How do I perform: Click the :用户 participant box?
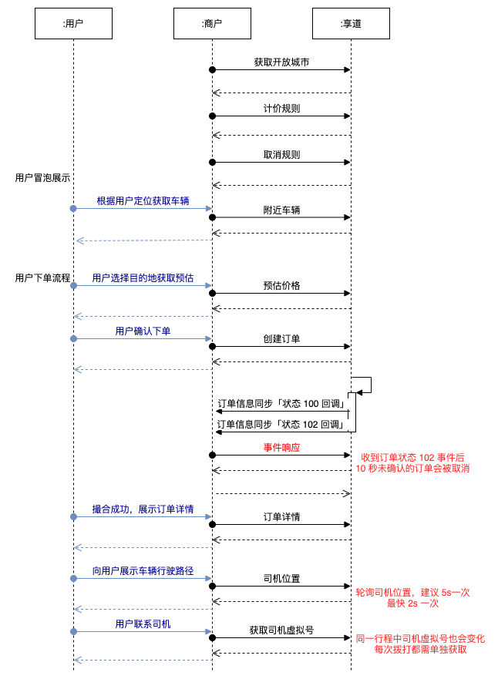pyautogui.click(x=73, y=24)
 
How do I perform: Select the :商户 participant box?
pyautogui.click(x=211, y=24)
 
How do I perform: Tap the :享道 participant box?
pyautogui.click(x=351, y=24)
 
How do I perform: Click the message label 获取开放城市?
pyautogui.click(x=281, y=62)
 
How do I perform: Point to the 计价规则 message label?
pyautogui.click(x=281, y=109)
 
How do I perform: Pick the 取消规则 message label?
pyautogui.click(x=281, y=155)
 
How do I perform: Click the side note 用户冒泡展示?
pyautogui.click(x=42, y=177)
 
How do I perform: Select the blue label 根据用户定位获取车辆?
pyautogui.click(x=143, y=201)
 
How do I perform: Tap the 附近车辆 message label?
pyautogui.click(x=281, y=209)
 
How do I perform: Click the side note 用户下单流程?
pyautogui.click(x=42, y=277)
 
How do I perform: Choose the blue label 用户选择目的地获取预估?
pyautogui.click(x=143, y=278)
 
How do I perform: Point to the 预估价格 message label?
pyautogui.click(x=281, y=286)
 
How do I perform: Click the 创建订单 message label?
pyautogui.click(x=281, y=340)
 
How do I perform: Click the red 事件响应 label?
pyautogui.click(x=281, y=448)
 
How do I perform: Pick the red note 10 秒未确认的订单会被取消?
pyautogui.click(x=412, y=469)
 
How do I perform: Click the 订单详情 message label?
pyautogui.click(x=281, y=517)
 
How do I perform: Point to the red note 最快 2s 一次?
pyautogui.click(x=412, y=603)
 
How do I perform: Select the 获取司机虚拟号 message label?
pyautogui.click(x=281, y=630)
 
